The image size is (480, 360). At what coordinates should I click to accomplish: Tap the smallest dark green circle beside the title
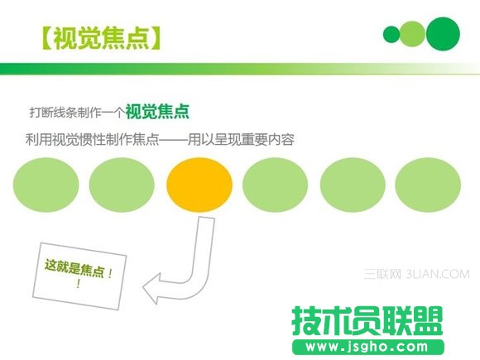pos(391,34)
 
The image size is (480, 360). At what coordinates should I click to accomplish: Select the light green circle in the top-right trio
pos(411,34)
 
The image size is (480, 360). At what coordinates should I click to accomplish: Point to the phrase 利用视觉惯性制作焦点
pos(92,140)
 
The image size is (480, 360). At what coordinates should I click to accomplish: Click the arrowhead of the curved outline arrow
pos(155,289)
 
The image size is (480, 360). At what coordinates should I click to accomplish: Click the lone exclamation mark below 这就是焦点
pos(78,284)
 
